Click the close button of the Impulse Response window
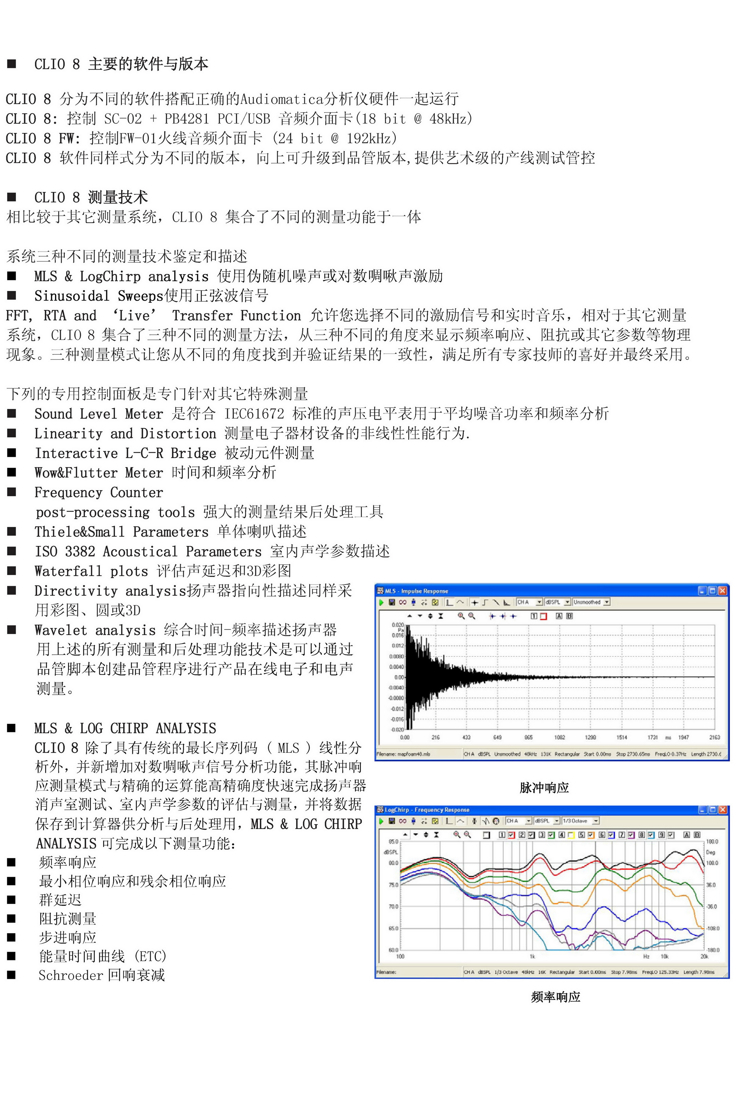(x=723, y=591)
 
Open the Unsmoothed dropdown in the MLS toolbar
(x=591, y=602)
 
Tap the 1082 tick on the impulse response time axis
(x=559, y=737)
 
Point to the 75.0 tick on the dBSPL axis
(x=393, y=885)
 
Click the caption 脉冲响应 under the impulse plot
(x=544, y=788)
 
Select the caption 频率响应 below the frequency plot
(x=556, y=997)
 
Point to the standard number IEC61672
(x=254, y=414)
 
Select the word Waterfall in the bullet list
(x=68, y=571)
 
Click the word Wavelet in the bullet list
(x=60, y=630)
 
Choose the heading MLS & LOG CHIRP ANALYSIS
(x=125, y=728)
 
